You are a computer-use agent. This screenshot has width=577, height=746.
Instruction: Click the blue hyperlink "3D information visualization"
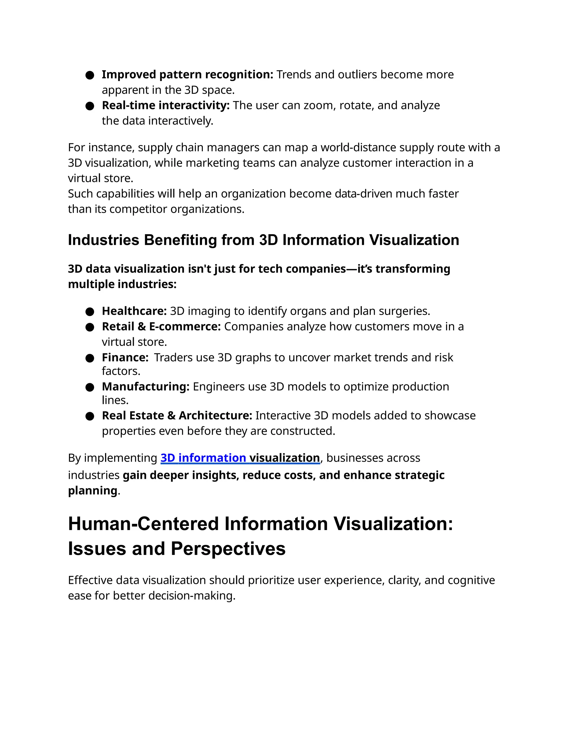click(240, 458)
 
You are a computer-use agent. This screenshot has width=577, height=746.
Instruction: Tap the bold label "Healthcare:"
click(134, 311)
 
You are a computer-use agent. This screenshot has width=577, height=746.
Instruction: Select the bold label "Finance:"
click(125, 357)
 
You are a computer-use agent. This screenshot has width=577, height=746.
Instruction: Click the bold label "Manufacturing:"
click(146, 387)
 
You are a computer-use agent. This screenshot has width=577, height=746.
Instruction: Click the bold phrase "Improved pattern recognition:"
click(187, 75)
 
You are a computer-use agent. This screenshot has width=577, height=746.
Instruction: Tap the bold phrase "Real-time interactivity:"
click(166, 105)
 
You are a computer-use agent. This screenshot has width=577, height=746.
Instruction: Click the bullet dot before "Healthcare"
click(90, 312)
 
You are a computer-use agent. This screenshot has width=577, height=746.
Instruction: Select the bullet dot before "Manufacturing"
click(90, 387)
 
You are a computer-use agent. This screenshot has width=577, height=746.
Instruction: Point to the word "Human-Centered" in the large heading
click(143, 524)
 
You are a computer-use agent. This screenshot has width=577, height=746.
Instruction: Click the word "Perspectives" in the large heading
click(228, 549)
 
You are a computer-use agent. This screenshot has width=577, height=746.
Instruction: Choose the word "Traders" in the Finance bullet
click(174, 357)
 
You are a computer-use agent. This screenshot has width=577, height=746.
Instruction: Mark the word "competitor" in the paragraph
click(138, 209)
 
